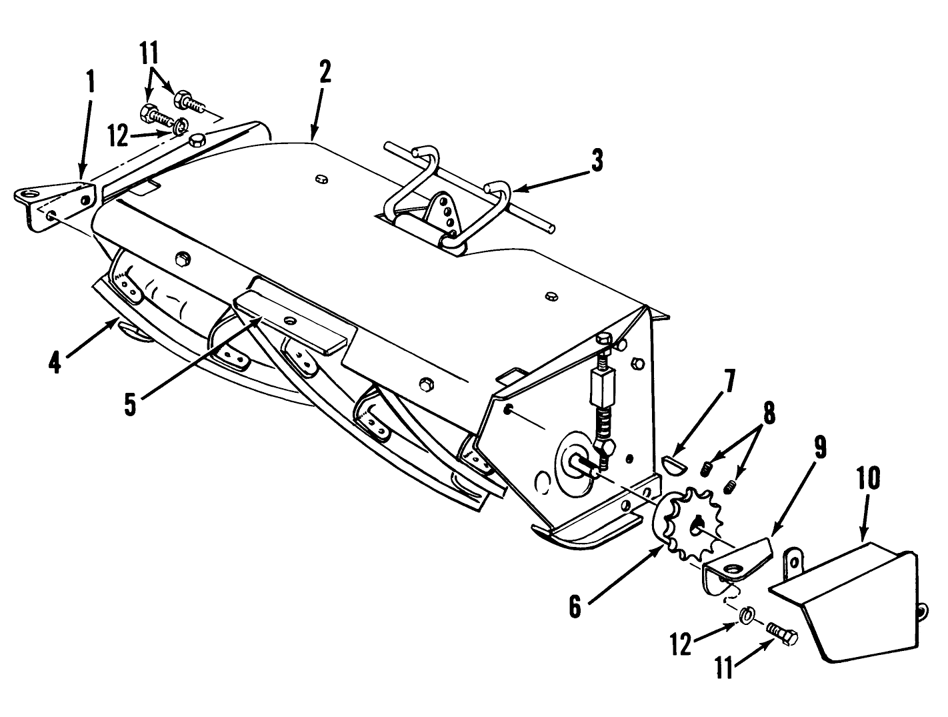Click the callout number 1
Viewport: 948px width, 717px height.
pos(90,83)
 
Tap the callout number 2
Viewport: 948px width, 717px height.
pos(325,72)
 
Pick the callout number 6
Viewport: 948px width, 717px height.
pos(575,608)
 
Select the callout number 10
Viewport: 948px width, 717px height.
pos(865,478)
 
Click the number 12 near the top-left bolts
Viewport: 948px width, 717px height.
pos(117,136)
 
